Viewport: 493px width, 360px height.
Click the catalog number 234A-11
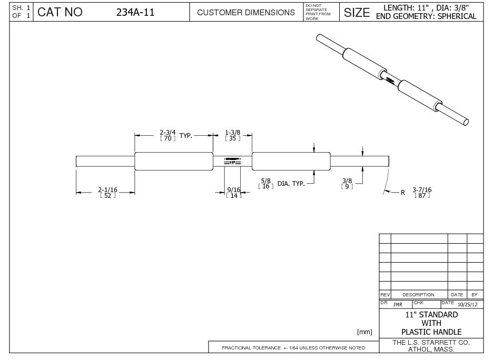(135, 13)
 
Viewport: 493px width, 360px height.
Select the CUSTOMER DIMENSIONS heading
(245, 13)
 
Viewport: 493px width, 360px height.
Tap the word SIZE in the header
(357, 13)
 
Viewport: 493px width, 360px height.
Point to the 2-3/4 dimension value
(167, 132)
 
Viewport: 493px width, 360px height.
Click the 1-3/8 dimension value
(233, 132)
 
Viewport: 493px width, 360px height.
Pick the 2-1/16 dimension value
(107, 189)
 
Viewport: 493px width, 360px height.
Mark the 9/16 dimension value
(233, 189)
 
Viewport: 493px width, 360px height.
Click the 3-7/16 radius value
(422, 189)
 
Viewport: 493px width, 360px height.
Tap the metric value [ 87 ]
(422, 196)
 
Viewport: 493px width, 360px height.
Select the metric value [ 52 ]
(107, 196)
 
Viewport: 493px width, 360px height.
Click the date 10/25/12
(468, 304)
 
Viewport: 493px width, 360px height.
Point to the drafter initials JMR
(398, 304)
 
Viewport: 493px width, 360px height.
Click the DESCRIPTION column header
(418, 295)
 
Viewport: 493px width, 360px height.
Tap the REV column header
(384, 295)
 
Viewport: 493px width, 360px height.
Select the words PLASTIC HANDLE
(431, 332)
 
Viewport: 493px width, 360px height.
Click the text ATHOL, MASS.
(431, 349)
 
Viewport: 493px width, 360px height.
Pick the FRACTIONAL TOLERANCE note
(293, 348)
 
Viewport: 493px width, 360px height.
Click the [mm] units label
(364, 332)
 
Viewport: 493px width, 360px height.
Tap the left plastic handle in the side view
(174, 161)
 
